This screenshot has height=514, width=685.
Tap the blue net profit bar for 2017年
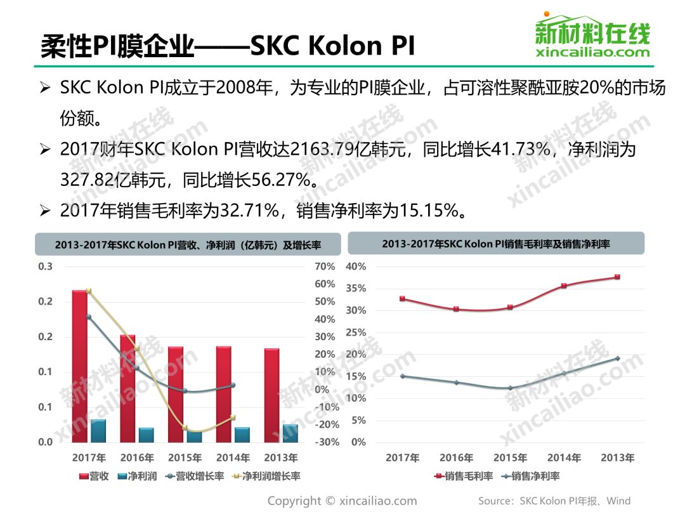coord(98,431)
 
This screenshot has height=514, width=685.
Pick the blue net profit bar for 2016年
coord(147,435)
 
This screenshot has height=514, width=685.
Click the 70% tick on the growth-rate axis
coord(324,267)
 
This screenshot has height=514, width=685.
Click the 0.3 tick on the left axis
coord(45,267)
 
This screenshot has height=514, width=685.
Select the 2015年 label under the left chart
coord(185,458)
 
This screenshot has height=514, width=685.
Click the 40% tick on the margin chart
coord(356,267)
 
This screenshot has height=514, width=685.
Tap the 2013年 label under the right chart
coord(616,458)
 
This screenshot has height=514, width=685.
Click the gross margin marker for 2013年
coord(616,277)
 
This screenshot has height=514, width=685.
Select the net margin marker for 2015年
coord(510,388)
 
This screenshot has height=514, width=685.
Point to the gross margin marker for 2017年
coord(403,298)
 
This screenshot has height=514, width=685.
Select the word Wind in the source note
coord(618,501)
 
